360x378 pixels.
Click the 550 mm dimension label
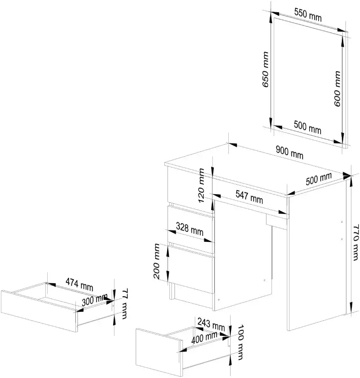[308, 15]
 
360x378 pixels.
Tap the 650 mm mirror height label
[265, 69]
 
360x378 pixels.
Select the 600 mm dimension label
[337, 88]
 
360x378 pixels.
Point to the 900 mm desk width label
[289, 152]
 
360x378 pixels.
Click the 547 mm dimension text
[249, 197]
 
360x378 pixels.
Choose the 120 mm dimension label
[201, 186]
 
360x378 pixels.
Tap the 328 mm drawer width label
[189, 229]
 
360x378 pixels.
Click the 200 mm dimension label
[157, 261]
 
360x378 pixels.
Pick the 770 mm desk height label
[355, 242]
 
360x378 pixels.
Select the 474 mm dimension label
[79, 284]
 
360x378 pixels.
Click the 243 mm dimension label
[211, 324]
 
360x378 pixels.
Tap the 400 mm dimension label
[204, 337]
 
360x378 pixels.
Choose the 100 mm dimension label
[241, 342]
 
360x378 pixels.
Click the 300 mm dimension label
[94, 299]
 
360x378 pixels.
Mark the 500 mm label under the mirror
[307, 127]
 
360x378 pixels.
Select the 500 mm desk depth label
[319, 179]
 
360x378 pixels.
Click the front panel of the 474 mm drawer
[39, 311]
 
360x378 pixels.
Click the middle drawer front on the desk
[191, 229]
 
